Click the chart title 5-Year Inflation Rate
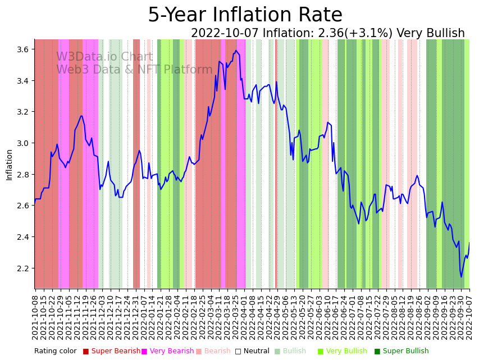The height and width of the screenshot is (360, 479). pyautogui.click(x=245, y=15)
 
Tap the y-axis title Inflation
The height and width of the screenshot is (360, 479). pyautogui.click(x=9, y=165)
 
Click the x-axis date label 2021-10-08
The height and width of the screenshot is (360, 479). pyautogui.click(x=35, y=317)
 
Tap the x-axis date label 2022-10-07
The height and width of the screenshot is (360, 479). pyautogui.click(x=469, y=317)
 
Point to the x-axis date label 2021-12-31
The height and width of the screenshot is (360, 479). pyautogui.click(x=135, y=317)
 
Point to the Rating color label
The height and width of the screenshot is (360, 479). pyautogui.click(x=55, y=351)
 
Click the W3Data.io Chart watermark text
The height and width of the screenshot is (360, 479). pyautogui.click(x=104, y=57)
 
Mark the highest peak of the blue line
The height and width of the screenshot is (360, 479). pyautogui.click(x=236, y=51)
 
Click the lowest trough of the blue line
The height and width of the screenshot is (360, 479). pyautogui.click(x=461, y=276)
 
